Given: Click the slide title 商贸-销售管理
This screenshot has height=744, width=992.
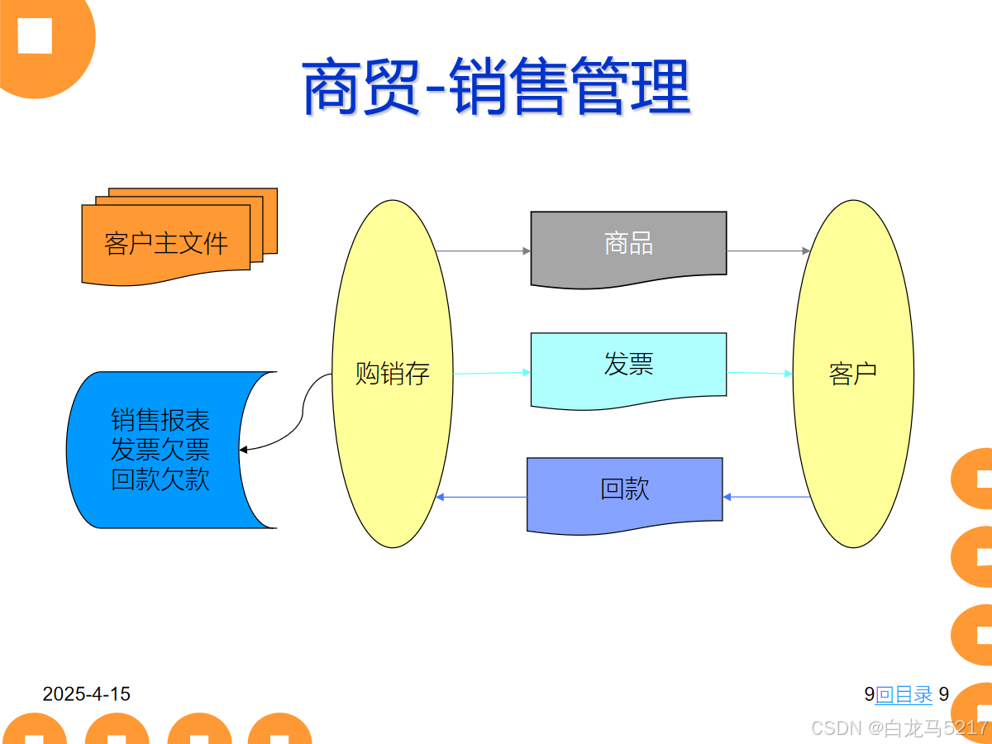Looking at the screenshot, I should point(496,86).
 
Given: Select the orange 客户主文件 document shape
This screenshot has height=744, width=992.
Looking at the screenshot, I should point(165,243).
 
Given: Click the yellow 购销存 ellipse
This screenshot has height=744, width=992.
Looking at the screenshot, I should point(393,374).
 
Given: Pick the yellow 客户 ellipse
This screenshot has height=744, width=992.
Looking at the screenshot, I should point(853,374).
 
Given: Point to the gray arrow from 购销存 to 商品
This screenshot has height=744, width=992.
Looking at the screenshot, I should point(483,250).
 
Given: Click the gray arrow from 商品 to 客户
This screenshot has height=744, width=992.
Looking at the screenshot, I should point(768,250).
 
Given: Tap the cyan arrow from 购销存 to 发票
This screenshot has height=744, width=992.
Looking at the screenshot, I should point(491,373).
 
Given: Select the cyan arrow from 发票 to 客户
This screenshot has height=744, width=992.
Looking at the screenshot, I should point(760,373).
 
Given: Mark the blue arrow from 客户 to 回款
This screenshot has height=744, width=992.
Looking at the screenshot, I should point(767,497).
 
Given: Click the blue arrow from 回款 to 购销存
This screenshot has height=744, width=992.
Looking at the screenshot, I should point(481,497).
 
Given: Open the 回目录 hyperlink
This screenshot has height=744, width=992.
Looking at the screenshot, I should point(904,694).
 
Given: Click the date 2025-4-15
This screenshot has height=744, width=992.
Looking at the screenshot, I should point(87,694).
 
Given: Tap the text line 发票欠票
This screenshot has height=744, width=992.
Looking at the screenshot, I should point(160,450).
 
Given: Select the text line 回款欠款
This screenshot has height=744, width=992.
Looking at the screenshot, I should point(160,479).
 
